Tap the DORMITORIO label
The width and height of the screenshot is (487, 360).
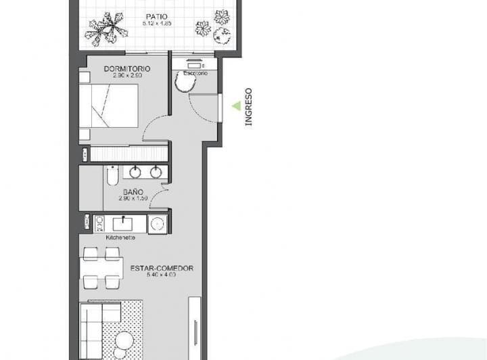click(126, 69)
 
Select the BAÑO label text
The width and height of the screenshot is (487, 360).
click(133, 192)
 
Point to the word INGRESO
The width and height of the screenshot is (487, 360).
click(248, 107)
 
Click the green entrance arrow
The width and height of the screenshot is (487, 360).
click(236, 106)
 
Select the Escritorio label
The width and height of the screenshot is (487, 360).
click(195, 72)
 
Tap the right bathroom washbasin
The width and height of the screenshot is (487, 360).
click(156, 172)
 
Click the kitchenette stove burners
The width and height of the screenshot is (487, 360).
click(99, 223)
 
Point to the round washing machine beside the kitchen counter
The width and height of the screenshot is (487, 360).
click(158, 223)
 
